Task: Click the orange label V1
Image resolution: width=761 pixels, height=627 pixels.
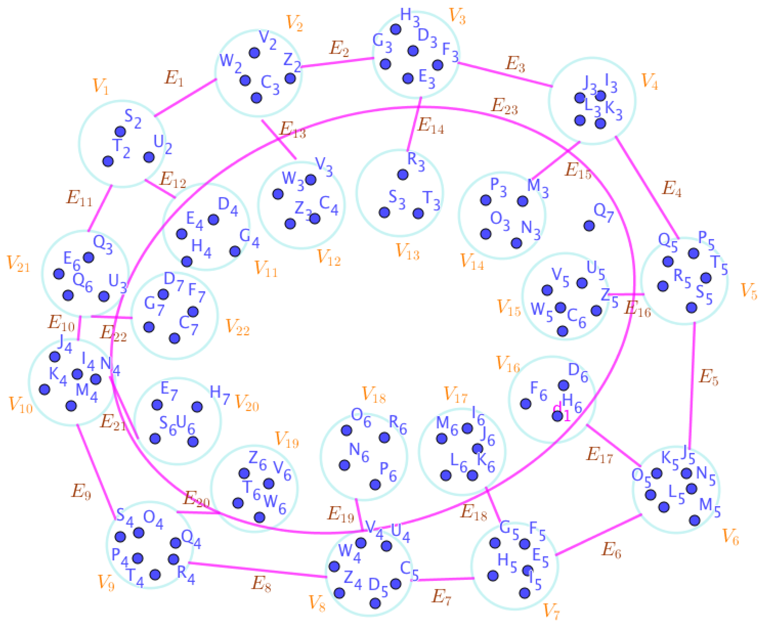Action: pos(100,86)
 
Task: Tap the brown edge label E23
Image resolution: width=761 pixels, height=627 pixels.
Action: pos(504,107)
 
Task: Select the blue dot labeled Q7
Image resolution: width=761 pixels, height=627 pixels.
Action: pos(589,226)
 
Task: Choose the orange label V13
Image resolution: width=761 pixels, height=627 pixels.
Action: pos(408,251)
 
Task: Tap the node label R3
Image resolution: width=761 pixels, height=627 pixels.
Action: pos(416,161)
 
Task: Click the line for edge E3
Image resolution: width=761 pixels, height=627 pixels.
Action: pos(505,75)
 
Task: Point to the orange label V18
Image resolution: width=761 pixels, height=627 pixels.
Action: pos(373,395)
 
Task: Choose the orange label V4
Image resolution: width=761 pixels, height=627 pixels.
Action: pos(649,82)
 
